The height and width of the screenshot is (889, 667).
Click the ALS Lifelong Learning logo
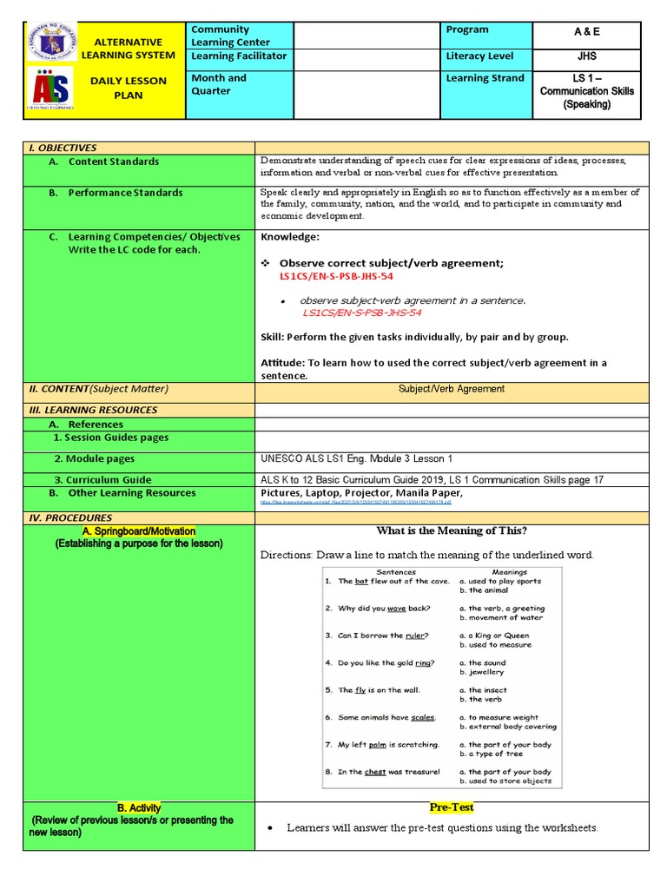pyautogui.click(x=51, y=89)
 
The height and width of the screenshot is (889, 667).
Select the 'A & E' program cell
pyautogui.click(x=587, y=32)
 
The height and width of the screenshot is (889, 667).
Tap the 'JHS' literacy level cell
pyautogui.click(x=587, y=56)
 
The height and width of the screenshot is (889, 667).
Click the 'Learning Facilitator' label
pyautogui.click(x=239, y=56)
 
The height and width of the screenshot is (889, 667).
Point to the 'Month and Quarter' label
pyautogui.click(x=219, y=84)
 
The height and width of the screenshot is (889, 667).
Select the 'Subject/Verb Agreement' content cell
pyautogui.click(x=451, y=389)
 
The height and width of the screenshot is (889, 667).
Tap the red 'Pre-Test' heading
pyautogui.click(x=451, y=807)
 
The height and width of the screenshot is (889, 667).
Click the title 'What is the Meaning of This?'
pyautogui.click(x=451, y=531)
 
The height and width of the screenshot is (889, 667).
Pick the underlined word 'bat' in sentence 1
pyautogui.click(x=361, y=582)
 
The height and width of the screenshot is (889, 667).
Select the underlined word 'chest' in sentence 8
pyautogui.click(x=375, y=772)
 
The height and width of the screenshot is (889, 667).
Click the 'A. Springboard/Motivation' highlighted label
pyautogui.click(x=139, y=531)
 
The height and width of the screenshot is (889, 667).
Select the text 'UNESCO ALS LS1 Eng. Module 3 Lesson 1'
pyautogui.click(x=356, y=458)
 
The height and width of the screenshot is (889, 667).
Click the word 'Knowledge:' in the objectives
pyautogui.click(x=290, y=237)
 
